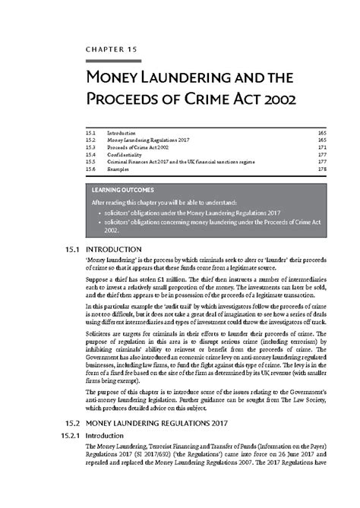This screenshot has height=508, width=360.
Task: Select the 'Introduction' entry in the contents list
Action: coord(123,132)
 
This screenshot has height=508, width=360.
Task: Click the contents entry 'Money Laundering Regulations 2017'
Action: coord(148,140)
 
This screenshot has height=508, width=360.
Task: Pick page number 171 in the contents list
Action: coord(321,147)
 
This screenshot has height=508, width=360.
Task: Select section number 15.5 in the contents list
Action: coord(91,162)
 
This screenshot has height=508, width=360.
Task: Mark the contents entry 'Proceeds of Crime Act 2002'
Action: coord(137,147)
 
